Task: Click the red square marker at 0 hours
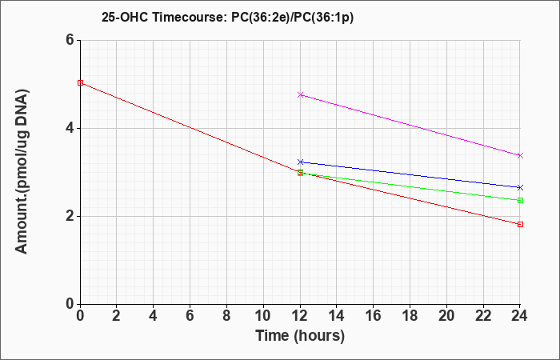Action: coord(80,83)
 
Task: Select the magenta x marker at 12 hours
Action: coord(300,94)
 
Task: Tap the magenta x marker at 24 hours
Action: coord(520,155)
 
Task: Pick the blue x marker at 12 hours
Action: coord(300,162)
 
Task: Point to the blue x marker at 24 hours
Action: coord(520,187)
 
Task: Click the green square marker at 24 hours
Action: coord(520,200)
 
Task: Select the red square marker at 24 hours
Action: coord(520,224)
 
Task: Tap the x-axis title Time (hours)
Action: coord(300,336)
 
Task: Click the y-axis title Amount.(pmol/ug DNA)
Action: coord(22,172)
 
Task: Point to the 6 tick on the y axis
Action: coord(70,40)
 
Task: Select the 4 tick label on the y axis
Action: coord(70,128)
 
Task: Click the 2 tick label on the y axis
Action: coord(70,216)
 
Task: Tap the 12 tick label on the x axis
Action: coord(300,316)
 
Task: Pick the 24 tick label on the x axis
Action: coord(520,316)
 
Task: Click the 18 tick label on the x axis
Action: coord(410,316)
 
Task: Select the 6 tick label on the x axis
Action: coord(190,316)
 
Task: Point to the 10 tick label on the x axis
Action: coord(263,316)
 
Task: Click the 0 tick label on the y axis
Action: coord(70,303)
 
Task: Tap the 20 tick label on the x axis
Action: coord(446,316)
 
